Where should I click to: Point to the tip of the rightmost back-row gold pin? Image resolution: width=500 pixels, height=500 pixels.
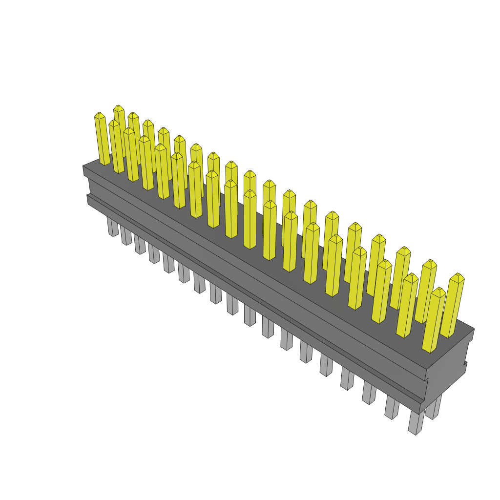(x=458, y=275)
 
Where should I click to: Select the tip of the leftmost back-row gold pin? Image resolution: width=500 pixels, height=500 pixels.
(x=118, y=107)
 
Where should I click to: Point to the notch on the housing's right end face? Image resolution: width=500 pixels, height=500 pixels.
(x=466, y=364)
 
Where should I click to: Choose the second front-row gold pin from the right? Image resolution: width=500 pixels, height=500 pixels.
(x=408, y=305)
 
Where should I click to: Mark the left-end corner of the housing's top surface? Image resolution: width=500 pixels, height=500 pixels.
(x=83, y=167)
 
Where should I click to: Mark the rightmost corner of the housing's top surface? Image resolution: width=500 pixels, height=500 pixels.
(x=474, y=329)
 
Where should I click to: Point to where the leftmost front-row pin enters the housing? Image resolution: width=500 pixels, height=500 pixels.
(x=105, y=164)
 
